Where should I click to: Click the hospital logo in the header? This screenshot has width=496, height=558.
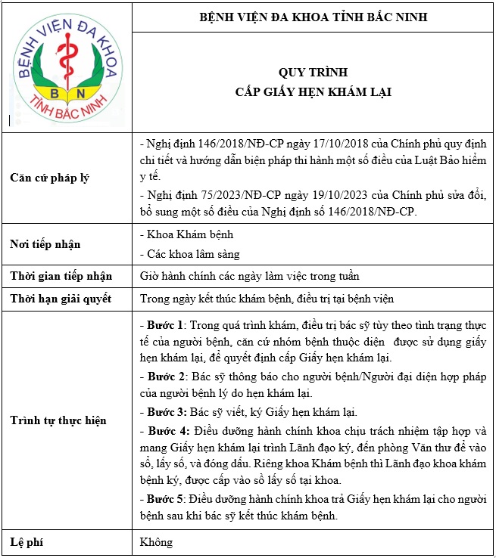tap(67, 69)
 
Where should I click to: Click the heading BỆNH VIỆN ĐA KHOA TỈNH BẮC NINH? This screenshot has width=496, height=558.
tap(312, 17)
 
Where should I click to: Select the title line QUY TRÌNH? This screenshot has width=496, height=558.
tap(312, 73)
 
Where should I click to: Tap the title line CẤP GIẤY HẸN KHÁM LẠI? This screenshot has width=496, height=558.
tap(312, 91)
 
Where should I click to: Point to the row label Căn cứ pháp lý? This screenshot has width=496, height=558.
tap(49, 178)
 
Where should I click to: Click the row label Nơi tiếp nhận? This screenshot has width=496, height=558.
tap(45, 244)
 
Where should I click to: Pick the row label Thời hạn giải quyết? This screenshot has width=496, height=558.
tap(61, 299)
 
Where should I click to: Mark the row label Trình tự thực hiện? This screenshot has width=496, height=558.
tap(58, 420)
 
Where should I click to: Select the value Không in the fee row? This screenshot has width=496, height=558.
tap(157, 541)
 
